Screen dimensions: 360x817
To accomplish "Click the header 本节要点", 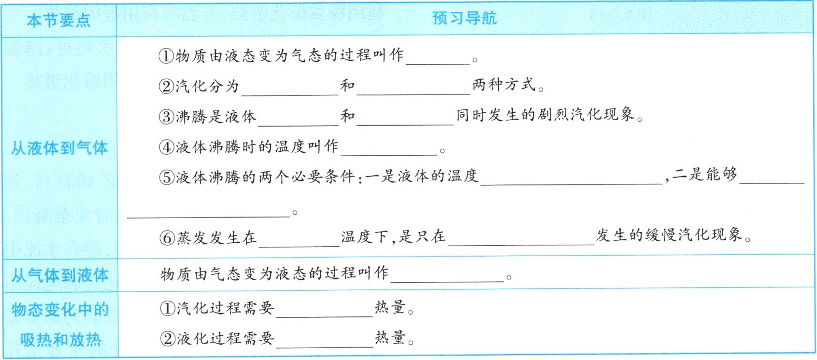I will click(x=58, y=20).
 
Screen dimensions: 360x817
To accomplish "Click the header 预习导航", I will click(x=464, y=18).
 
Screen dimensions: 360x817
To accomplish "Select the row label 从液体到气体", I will click(x=59, y=148).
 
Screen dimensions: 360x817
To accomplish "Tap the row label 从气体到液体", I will click(x=60, y=275).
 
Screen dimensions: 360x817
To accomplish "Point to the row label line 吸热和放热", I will click(x=60, y=340).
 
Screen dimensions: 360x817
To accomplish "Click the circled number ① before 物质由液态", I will click(x=167, y=56).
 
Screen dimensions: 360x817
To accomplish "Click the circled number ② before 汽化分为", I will click(x=167, y=87).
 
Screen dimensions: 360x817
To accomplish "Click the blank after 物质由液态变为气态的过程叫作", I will click(x=437, y=58).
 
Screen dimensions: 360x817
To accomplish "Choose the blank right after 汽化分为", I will click(x=290, y=89).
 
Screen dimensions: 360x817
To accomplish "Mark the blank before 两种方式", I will click(x=413, y=88).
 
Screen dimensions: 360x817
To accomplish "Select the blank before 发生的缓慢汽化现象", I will click(x=521, y=239).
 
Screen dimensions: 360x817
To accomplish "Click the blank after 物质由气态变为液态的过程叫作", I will click(x=447, y=276).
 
